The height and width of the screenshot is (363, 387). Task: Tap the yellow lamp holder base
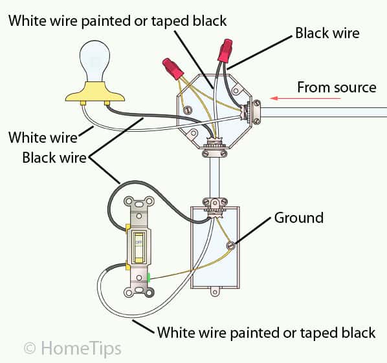(x=96, y=95)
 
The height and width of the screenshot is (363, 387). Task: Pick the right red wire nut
(x=225, y=50)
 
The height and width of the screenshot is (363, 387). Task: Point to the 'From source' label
(x=336, y=87)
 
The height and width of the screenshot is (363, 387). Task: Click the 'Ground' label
(x=298, y=218)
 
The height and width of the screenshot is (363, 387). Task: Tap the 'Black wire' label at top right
(x=327, y=32)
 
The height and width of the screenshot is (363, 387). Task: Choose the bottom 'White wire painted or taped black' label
(x=266, y=333)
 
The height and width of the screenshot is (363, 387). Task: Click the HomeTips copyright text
(x=72, y=348)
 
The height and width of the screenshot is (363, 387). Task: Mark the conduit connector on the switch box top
(x=214, y=204)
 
